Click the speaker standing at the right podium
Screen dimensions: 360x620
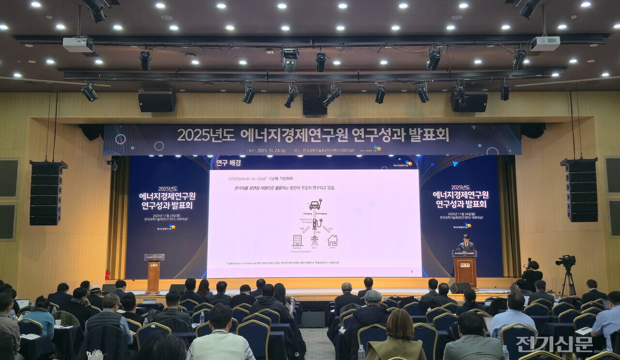point(465,243)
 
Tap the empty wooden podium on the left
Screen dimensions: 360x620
point(154,274)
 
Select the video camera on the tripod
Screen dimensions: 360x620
point(566,262)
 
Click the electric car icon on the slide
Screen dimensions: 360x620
point(315,205)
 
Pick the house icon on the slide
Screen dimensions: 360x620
point(332,240)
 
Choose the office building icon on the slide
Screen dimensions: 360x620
point(297,240)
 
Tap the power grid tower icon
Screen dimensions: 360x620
point(315,240)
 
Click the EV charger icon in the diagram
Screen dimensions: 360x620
point(316,223)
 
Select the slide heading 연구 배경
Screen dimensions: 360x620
point(229,163)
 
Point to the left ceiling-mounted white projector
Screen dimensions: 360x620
point(78,45)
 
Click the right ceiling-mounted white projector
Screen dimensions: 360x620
point(545,44)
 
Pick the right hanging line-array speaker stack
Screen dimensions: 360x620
point(582,190)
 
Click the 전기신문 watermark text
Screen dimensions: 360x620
point(554,344)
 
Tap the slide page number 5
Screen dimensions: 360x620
point(412,272)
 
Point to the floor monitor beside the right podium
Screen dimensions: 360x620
point(458,288)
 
